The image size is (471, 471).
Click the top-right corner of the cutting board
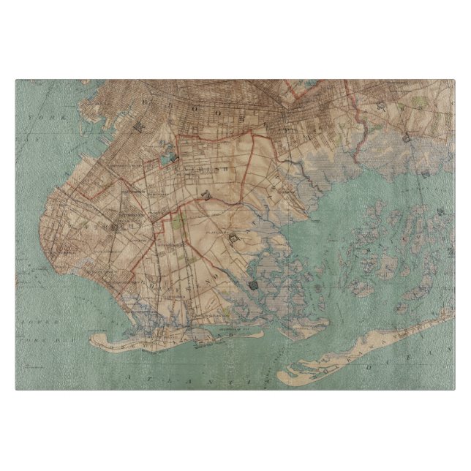(x=454, y=80)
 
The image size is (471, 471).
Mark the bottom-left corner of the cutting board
(x=16, y=389)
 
